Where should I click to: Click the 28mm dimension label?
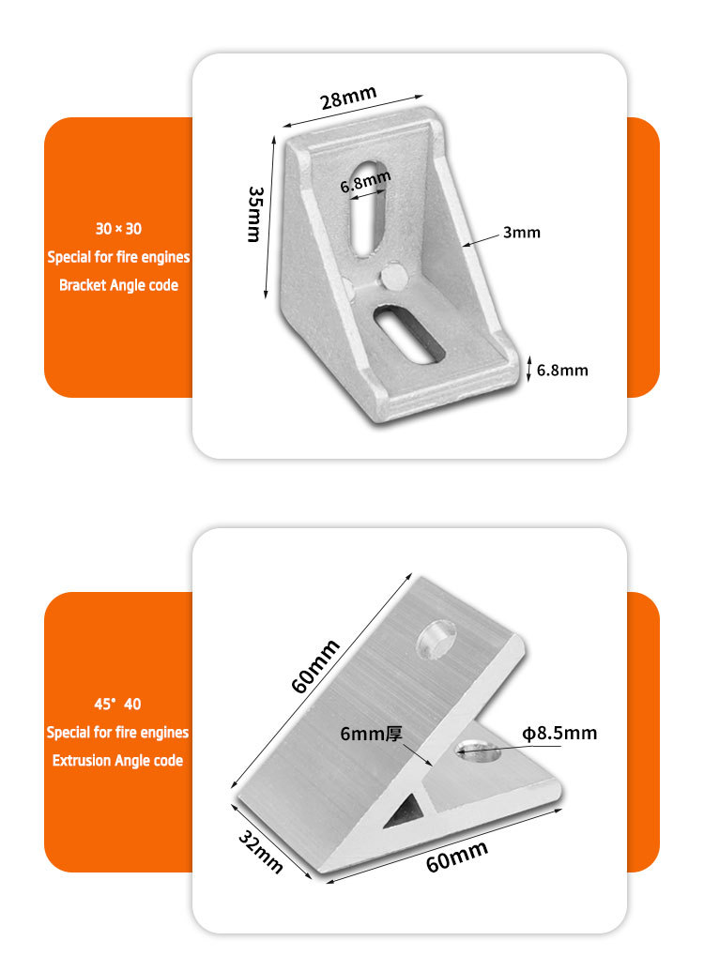[348, 98]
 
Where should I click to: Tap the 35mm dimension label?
[255, 214]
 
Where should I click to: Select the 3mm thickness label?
[521, 233]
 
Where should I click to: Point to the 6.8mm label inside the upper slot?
[366, 181]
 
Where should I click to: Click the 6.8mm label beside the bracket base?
[562, 371]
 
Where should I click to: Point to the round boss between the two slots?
[393, 276]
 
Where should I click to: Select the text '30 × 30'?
[118, 229]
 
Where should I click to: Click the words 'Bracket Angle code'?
[118, 285]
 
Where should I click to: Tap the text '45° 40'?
[117, 704]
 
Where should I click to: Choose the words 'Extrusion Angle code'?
[117, 761]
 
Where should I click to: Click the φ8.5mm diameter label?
[559, 734]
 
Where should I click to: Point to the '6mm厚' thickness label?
[371, 734]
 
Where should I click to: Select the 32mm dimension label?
[261, 852]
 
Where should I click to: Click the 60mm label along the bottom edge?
[457, 857]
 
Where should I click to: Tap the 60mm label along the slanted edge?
[315, 666]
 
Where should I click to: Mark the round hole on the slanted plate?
[436, 638]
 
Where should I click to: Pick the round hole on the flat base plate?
[478, 750]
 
